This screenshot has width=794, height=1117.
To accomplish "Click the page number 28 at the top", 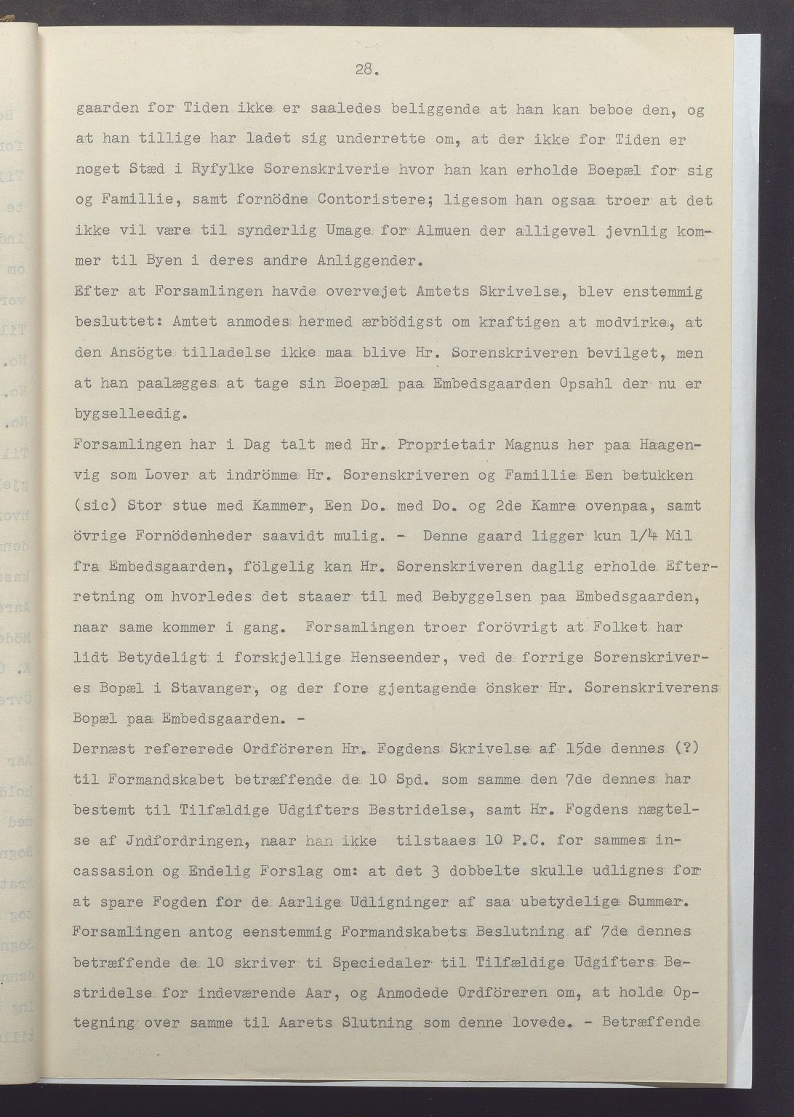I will pos(365,69).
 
